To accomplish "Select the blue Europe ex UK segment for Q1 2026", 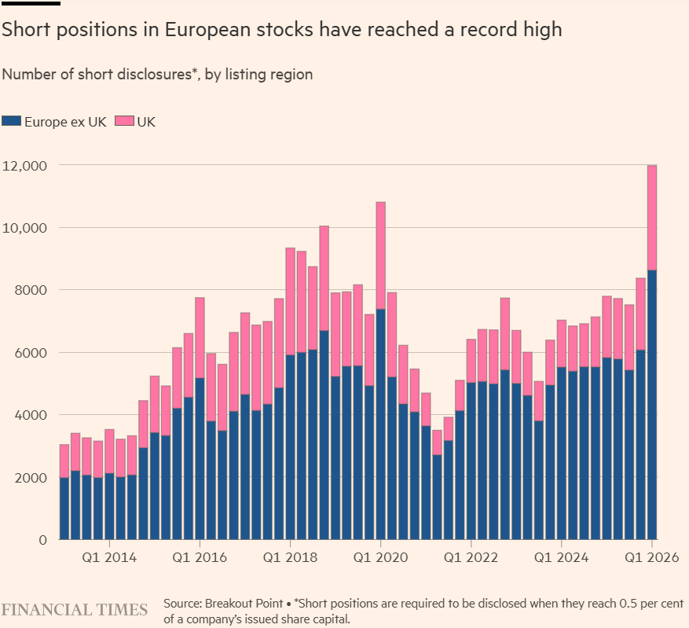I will [x=652, y=405].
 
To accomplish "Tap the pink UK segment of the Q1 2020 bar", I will [x=380, y=255].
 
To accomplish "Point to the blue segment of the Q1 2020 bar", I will [x=380, y=424].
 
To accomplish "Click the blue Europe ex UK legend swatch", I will [x=11, y=121].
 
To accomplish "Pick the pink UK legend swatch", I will [x=125, y=121].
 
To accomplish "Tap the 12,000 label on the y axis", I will [x=27, y=166].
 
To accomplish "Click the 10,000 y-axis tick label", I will [x=27, y=228].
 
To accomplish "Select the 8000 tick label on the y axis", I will [x=31, y=290].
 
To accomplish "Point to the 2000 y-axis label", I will [x=31, y=477].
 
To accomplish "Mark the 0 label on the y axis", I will [x=44, y=540].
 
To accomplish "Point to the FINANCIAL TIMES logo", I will [x=75, y=609].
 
